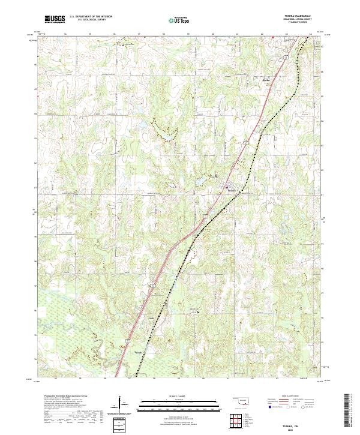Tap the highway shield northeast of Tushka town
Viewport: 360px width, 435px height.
[245, 143]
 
